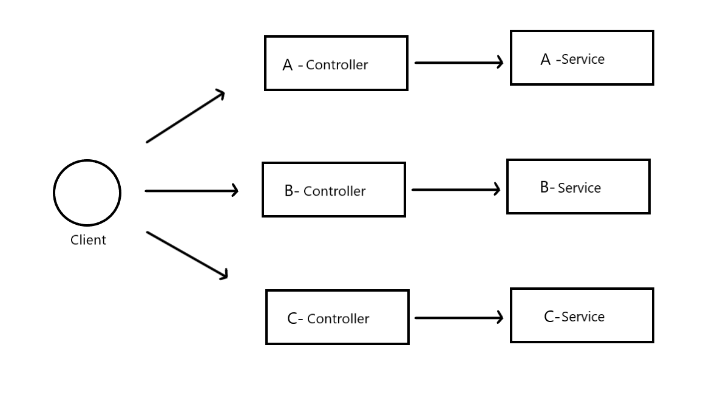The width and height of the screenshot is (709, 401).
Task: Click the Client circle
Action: (87, 193)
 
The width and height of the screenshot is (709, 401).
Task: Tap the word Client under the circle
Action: (88, 240)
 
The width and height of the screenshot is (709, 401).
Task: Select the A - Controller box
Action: (336, 63)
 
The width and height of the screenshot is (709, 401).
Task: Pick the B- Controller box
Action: (333, 190)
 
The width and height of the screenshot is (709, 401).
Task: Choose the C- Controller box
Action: (337, 317)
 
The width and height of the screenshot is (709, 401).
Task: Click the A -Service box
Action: (582, 58)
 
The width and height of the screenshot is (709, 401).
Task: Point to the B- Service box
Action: (578, 187)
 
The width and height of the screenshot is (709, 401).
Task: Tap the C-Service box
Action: (582, 315)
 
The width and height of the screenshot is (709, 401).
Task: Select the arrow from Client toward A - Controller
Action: (185, 117)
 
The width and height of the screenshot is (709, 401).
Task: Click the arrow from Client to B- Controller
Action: (191, 191)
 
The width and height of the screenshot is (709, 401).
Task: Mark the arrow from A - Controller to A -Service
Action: (458, 62)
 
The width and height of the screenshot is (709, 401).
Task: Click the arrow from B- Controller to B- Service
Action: (455, 190)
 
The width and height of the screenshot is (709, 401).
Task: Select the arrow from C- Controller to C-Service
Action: (458, 317)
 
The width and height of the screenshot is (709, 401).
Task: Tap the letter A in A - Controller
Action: (288, 65)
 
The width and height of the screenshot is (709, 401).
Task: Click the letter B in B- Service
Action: (544, 187)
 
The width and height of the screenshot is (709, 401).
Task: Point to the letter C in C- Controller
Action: (292, 318)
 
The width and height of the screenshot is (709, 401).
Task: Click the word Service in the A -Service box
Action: (583, 60)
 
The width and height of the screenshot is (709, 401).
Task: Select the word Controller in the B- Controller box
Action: (334, 191)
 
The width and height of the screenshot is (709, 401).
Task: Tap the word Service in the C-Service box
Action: (583, 317)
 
